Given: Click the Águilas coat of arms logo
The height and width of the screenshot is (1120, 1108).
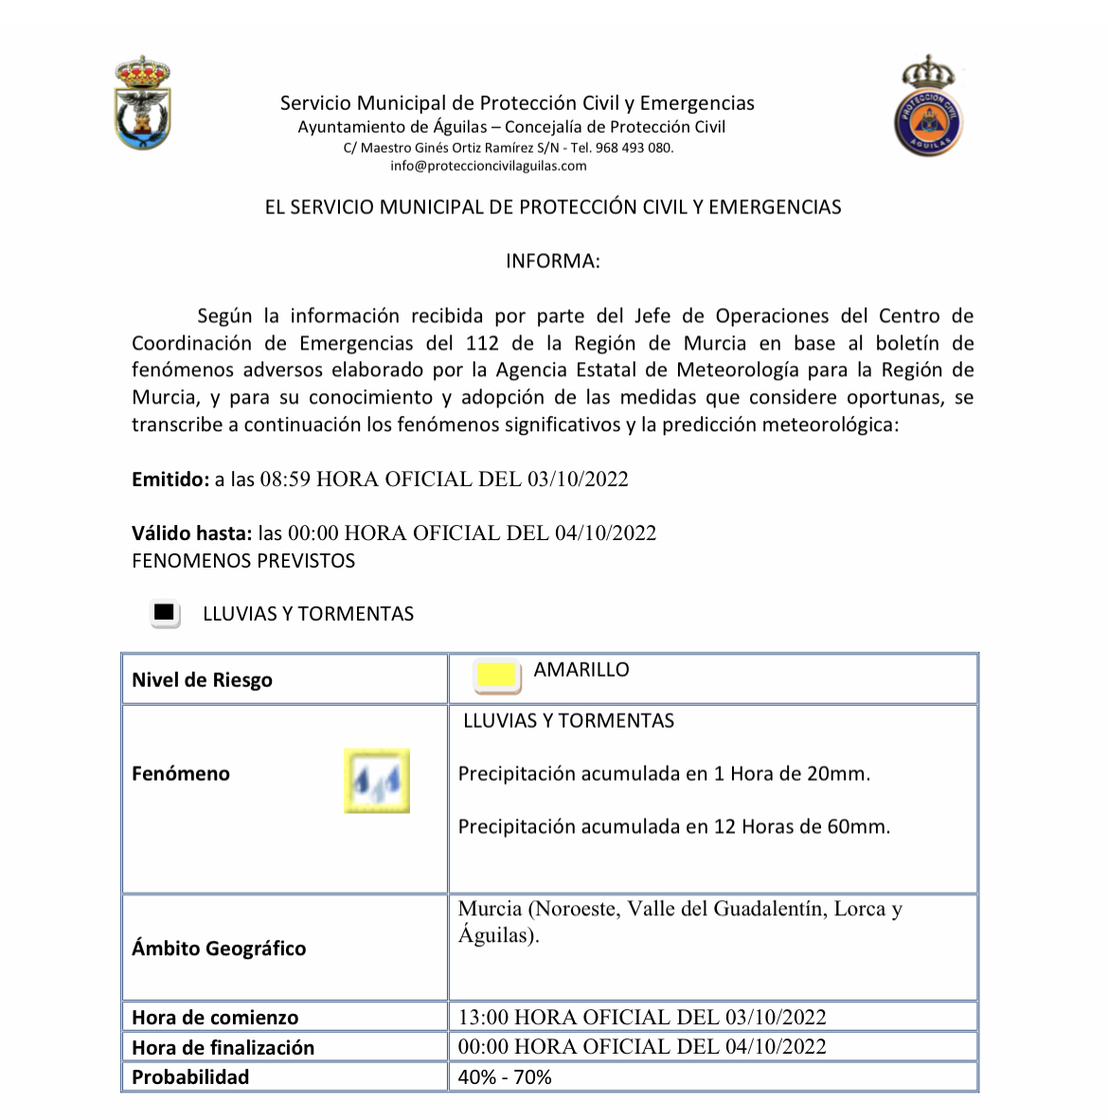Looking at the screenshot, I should [142, 103].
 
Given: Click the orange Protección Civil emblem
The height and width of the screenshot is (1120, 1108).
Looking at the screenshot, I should [928, 106].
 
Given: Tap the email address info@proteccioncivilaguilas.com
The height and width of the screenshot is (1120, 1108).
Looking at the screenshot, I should [488, 166].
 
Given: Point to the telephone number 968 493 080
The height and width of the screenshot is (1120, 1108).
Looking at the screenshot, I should [634, 148].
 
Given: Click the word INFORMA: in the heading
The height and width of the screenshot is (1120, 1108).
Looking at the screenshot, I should [552, 262].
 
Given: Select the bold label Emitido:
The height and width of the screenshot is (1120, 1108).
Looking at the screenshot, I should [170, 479].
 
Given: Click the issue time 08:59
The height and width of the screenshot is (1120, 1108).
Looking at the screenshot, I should [285, 479].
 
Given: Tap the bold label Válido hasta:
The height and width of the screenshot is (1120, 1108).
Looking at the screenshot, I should [192, 533].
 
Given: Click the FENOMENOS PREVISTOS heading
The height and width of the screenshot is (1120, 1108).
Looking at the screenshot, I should [243, 561].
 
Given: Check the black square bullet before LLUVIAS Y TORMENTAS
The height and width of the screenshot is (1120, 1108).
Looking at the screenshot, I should [165, 614].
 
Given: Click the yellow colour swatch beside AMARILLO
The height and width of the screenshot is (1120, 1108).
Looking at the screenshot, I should [497, 676].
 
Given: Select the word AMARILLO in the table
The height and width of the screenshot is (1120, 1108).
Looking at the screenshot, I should [581, 670].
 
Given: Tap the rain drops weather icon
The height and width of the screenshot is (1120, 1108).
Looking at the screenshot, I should [377, 781].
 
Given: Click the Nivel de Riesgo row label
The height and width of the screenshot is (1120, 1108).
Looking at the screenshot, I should [202, 680].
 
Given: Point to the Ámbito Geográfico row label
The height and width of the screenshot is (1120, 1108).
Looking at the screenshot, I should [219, 948].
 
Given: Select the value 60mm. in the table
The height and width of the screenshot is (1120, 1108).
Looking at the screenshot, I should [858, 827].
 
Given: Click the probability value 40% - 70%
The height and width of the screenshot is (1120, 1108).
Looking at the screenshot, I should [505, 1077].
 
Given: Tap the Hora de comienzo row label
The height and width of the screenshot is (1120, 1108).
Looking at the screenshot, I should [215, 1018].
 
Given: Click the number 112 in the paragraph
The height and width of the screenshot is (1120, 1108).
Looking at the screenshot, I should [482, 343].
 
